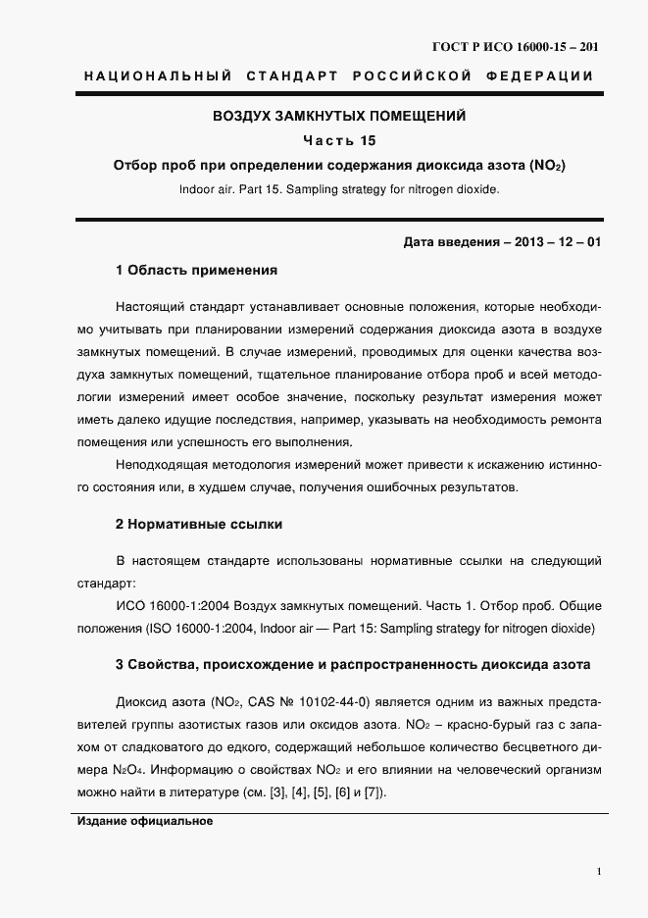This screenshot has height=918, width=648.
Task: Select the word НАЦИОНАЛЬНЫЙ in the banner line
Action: point(158,76)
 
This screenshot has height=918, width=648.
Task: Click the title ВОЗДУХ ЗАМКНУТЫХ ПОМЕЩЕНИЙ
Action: point(339,116)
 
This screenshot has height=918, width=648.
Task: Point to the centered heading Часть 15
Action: point(338,140)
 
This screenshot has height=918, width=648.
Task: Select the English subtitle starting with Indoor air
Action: point(338,189)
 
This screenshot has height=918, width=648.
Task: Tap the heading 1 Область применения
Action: point(197,269)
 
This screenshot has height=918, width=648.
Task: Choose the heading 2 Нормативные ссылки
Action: point(199,525)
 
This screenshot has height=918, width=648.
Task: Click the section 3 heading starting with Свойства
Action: point(353,665)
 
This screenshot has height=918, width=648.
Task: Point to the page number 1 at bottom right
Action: point(598,870)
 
